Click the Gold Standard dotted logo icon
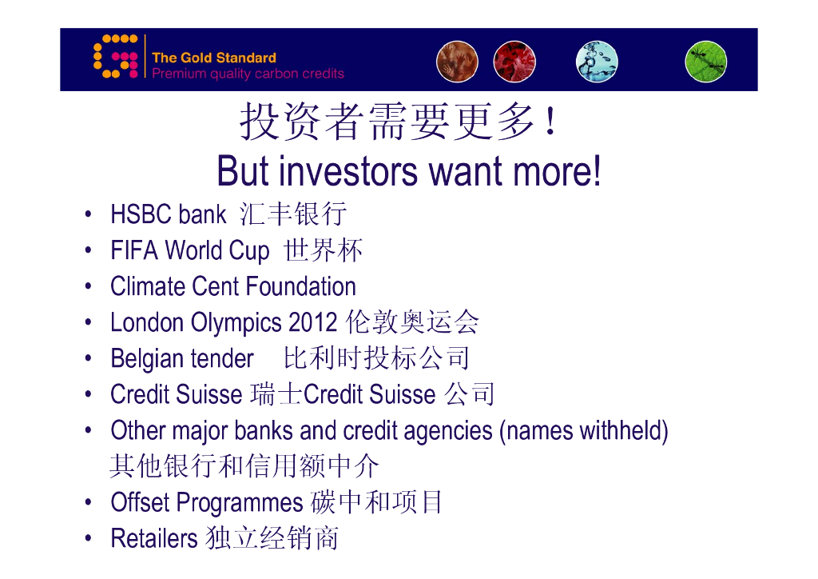(x=115, y=57)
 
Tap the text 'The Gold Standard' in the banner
(x=214, y=58)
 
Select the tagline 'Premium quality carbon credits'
(x=248, y=73)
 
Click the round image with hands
(x=457, y=62)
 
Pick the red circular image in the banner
(x=514, y=62)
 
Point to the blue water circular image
(x=597, y=62)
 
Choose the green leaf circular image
(x=706, y=62)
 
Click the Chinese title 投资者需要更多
(x=387, y=122)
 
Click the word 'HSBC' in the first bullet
(x=141, y=214)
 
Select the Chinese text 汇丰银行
(x=293, y=214)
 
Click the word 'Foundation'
(x=301, y=286)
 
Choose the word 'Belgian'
(x=146, y=359)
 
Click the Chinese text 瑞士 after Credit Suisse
(x=276, y=394)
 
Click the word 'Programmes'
(x=240, y=503)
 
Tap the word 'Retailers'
(x=154, y=538)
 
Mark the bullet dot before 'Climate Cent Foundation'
(x=88, y=286)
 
